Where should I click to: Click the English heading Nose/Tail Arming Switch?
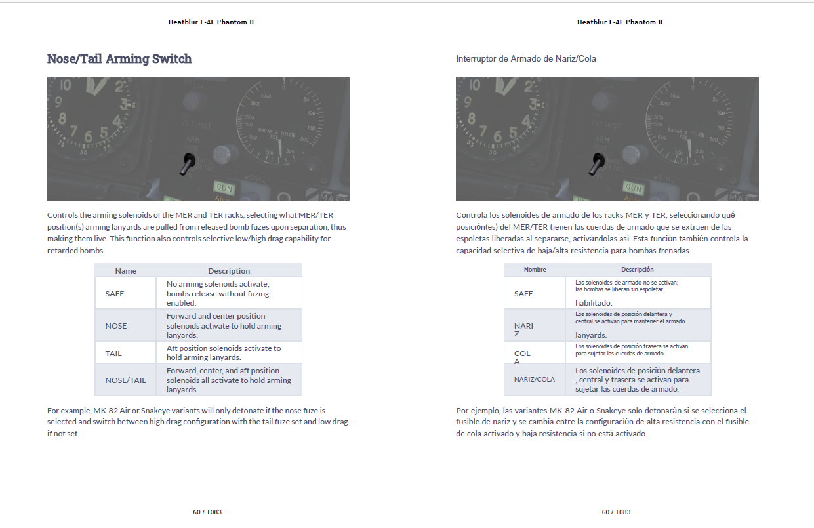[119, 59]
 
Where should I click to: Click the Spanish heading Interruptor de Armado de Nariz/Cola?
[526, 59]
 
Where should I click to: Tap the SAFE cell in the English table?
[115, 294]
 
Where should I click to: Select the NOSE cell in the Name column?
[116, 326]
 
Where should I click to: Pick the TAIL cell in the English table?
[113, 354]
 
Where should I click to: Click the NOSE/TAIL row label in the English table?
[125, 380]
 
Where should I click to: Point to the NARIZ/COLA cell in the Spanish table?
[534, 380]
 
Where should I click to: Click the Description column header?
[229, 271]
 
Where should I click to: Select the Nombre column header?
[535, 270]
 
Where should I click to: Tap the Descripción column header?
[637, 270]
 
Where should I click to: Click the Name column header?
[125, 271]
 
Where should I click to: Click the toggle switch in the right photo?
[598, 163]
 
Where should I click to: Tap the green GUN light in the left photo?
[224, 188]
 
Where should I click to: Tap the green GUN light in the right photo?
[633, 188]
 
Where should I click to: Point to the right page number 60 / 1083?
[616, 512]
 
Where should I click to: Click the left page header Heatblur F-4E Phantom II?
[211, 22]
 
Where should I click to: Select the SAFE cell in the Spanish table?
[523, 294]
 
